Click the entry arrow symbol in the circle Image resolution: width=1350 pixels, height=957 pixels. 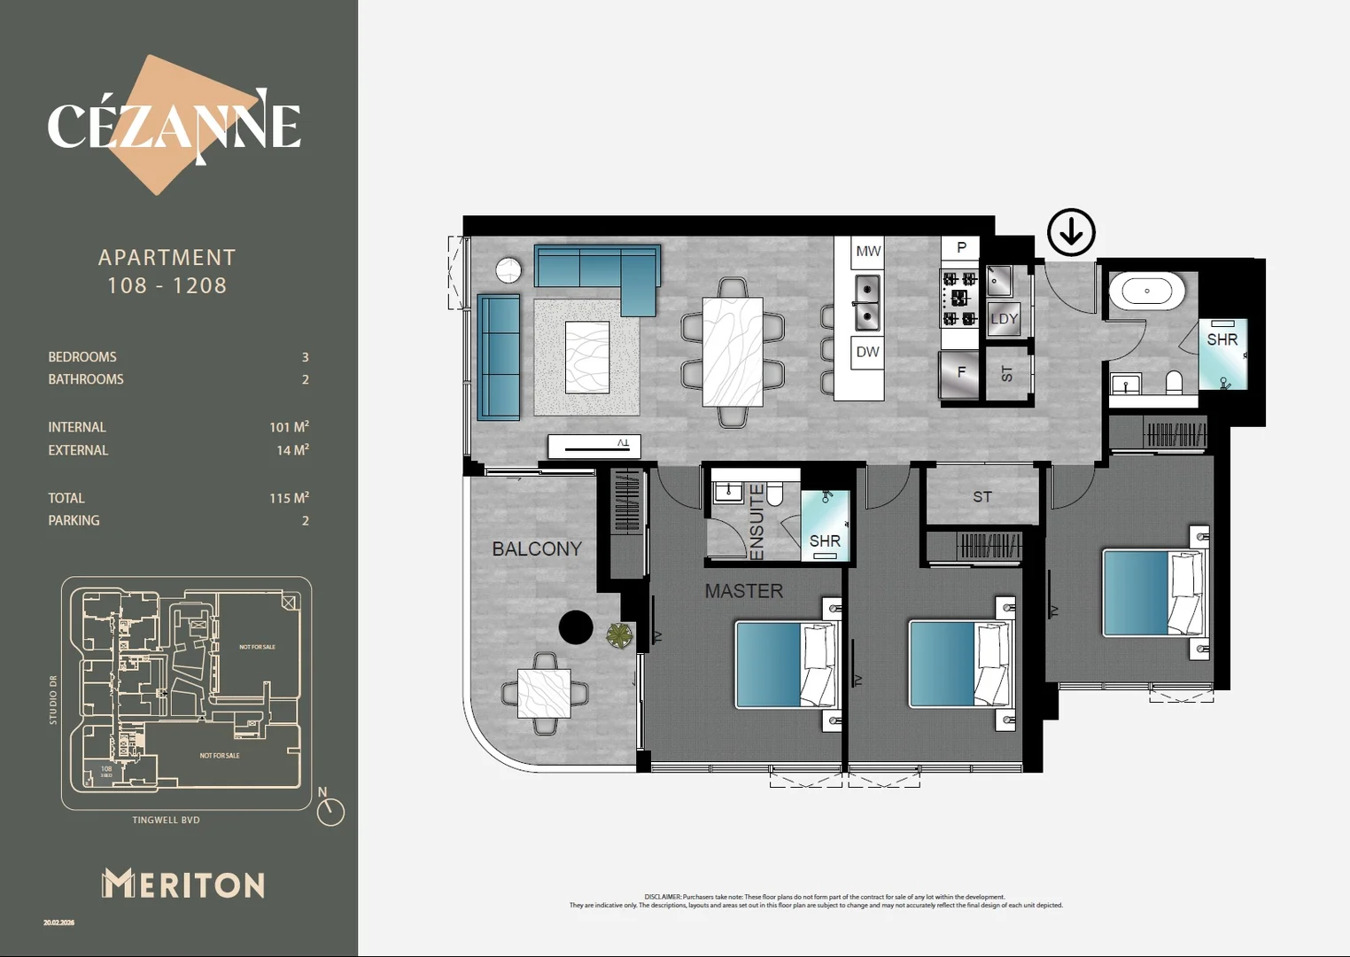click(x=1071, y=232)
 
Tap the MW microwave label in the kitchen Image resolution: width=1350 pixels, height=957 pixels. click(x=867, y=252)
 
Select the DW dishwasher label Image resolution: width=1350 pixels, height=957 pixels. click(x=867, y=352)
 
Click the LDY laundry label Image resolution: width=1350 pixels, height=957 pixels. click(x=1004, y=319)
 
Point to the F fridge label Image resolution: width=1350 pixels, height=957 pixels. click(x=961, y=373)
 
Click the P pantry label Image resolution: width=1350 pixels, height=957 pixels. click(x=961, y=247)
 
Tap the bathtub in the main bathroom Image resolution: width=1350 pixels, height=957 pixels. click(x=1146, y=291)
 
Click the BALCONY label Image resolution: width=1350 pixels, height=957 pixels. click(x=537, y=549)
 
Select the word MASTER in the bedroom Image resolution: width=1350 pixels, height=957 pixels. click(x=743, y=591)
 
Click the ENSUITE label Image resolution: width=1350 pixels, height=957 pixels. click(x=756, y=522)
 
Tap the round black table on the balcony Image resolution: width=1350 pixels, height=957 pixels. click(x=576, y=627)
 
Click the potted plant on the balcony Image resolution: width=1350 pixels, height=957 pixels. click(x=619, y=634)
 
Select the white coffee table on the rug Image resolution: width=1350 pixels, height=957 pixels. click(x=587, y=357)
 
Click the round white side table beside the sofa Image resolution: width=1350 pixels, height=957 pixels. click(x=508, y=270)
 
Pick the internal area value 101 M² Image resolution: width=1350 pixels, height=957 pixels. click(x=289, y=427)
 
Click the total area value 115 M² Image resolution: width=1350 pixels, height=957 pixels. click(x=289, y=498)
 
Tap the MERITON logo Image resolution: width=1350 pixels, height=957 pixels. click(x=183, y=883)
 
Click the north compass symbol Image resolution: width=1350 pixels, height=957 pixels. click(x=330, y=810)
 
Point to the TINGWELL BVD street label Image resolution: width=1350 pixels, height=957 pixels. click(x=166, y=821)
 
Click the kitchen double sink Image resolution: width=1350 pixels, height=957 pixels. click(x=866, y=301)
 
